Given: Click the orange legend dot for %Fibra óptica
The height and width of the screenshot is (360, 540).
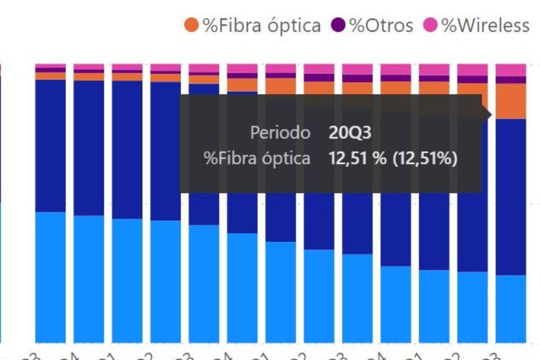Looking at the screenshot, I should (x=191, y=25).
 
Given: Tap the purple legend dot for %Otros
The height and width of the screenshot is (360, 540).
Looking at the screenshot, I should (x=338, y=25).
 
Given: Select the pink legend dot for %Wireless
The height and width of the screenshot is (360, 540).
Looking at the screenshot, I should (x=431, y=25).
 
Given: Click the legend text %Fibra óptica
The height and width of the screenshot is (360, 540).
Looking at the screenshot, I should (x=261, y=25).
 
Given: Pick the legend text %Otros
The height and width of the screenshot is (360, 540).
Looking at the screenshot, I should (x=380, y=25).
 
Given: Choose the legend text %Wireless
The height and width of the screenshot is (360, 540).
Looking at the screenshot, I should (x=485, y=25).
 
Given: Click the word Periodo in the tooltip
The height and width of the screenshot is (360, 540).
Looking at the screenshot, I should (x=280, y=132).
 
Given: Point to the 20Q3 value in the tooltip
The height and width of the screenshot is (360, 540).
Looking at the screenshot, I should (x=350, y=132).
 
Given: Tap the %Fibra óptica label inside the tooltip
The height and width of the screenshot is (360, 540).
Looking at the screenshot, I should (x=257, y=158).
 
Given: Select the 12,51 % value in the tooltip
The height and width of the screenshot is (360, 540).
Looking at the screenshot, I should (x=357, y=158).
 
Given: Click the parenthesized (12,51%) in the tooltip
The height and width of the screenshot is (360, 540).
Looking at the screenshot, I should (x=425, y=158).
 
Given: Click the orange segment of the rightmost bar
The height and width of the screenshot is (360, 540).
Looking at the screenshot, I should (x=511, y=101).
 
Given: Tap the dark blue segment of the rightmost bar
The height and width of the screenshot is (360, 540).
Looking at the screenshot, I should (x=511, y=196).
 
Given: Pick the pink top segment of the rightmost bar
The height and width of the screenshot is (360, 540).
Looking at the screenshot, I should (x=511, y=70).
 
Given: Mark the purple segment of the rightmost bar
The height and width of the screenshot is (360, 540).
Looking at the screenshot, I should (x=511, y=80).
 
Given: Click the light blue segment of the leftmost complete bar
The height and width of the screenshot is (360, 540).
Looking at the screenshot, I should (x=50, y=276).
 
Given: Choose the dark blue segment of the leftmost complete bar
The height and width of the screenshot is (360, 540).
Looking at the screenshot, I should (x=50, y=146).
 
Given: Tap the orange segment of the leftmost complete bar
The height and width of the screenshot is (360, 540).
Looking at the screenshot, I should (x=50, y=76).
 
